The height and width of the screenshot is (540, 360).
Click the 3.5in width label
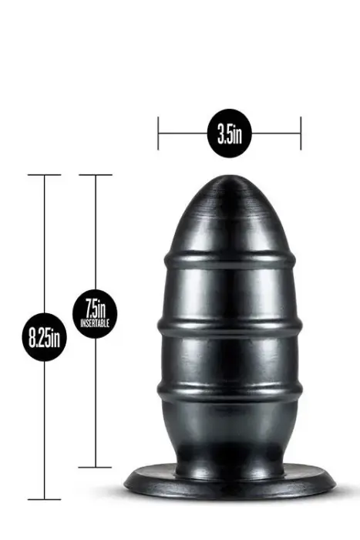click(229, 134)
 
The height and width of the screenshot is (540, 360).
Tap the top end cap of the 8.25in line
click(45, 175)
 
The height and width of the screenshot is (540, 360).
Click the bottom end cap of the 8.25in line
click(45, 500)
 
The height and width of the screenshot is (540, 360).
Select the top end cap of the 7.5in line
click(96, 175)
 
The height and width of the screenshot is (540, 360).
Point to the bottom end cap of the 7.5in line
click(96, 467)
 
